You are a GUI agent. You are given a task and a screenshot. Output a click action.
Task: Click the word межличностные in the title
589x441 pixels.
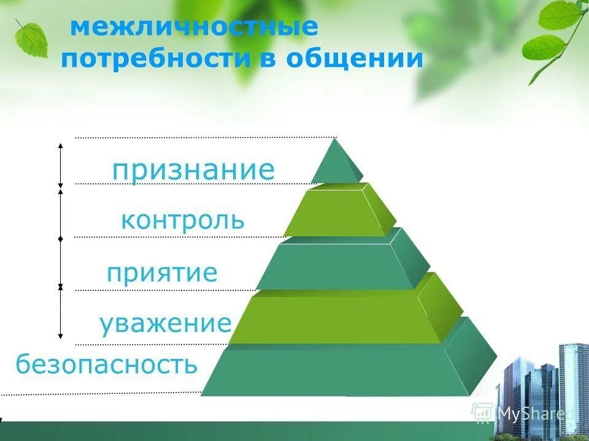pos(194,28)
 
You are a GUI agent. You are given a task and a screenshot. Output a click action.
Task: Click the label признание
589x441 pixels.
pos(193,170)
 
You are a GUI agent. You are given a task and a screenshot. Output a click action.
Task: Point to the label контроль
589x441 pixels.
pos(182,220)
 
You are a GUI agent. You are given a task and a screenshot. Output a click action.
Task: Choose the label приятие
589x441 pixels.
pos(162,273)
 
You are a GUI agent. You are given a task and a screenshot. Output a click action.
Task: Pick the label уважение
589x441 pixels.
pos(165,323)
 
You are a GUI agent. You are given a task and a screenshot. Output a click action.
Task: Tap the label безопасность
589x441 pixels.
pos(107,364)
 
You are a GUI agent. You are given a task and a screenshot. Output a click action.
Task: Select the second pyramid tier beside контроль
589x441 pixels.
pos(337,212)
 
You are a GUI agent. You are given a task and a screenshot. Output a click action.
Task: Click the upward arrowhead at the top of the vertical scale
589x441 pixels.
pos(60,146)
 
